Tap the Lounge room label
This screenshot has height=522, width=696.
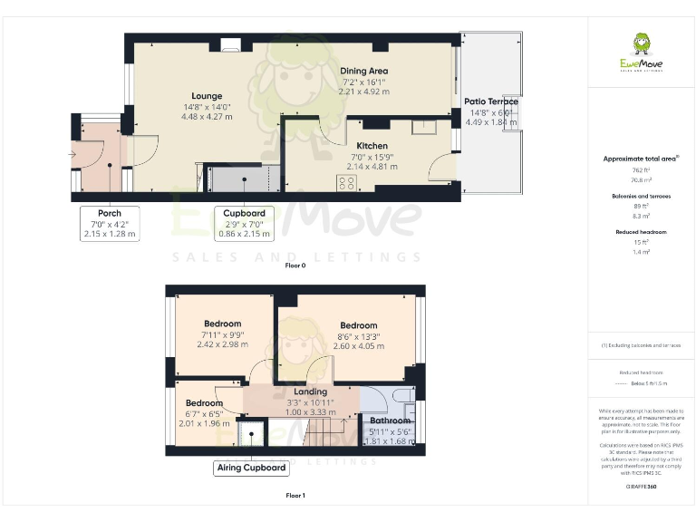pos(207,96)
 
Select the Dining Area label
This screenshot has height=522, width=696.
pos(363,71)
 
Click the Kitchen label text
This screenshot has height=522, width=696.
pos(372,146)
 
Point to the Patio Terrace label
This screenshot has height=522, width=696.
pos(490,101)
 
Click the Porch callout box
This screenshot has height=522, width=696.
pos(109,224)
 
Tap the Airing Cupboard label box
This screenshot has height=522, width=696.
pos(251,469)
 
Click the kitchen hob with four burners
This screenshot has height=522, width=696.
pos(347,182)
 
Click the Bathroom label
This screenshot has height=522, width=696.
pos(389,420)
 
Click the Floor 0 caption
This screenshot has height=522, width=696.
pos(295,266)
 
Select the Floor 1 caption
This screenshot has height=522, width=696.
pos(295,496)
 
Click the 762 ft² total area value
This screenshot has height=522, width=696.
pos(641,169)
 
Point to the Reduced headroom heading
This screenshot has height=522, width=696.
pos(641,232)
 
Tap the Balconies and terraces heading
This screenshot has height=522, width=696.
pos(641,195)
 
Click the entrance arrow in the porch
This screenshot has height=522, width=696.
pos(72,154)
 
